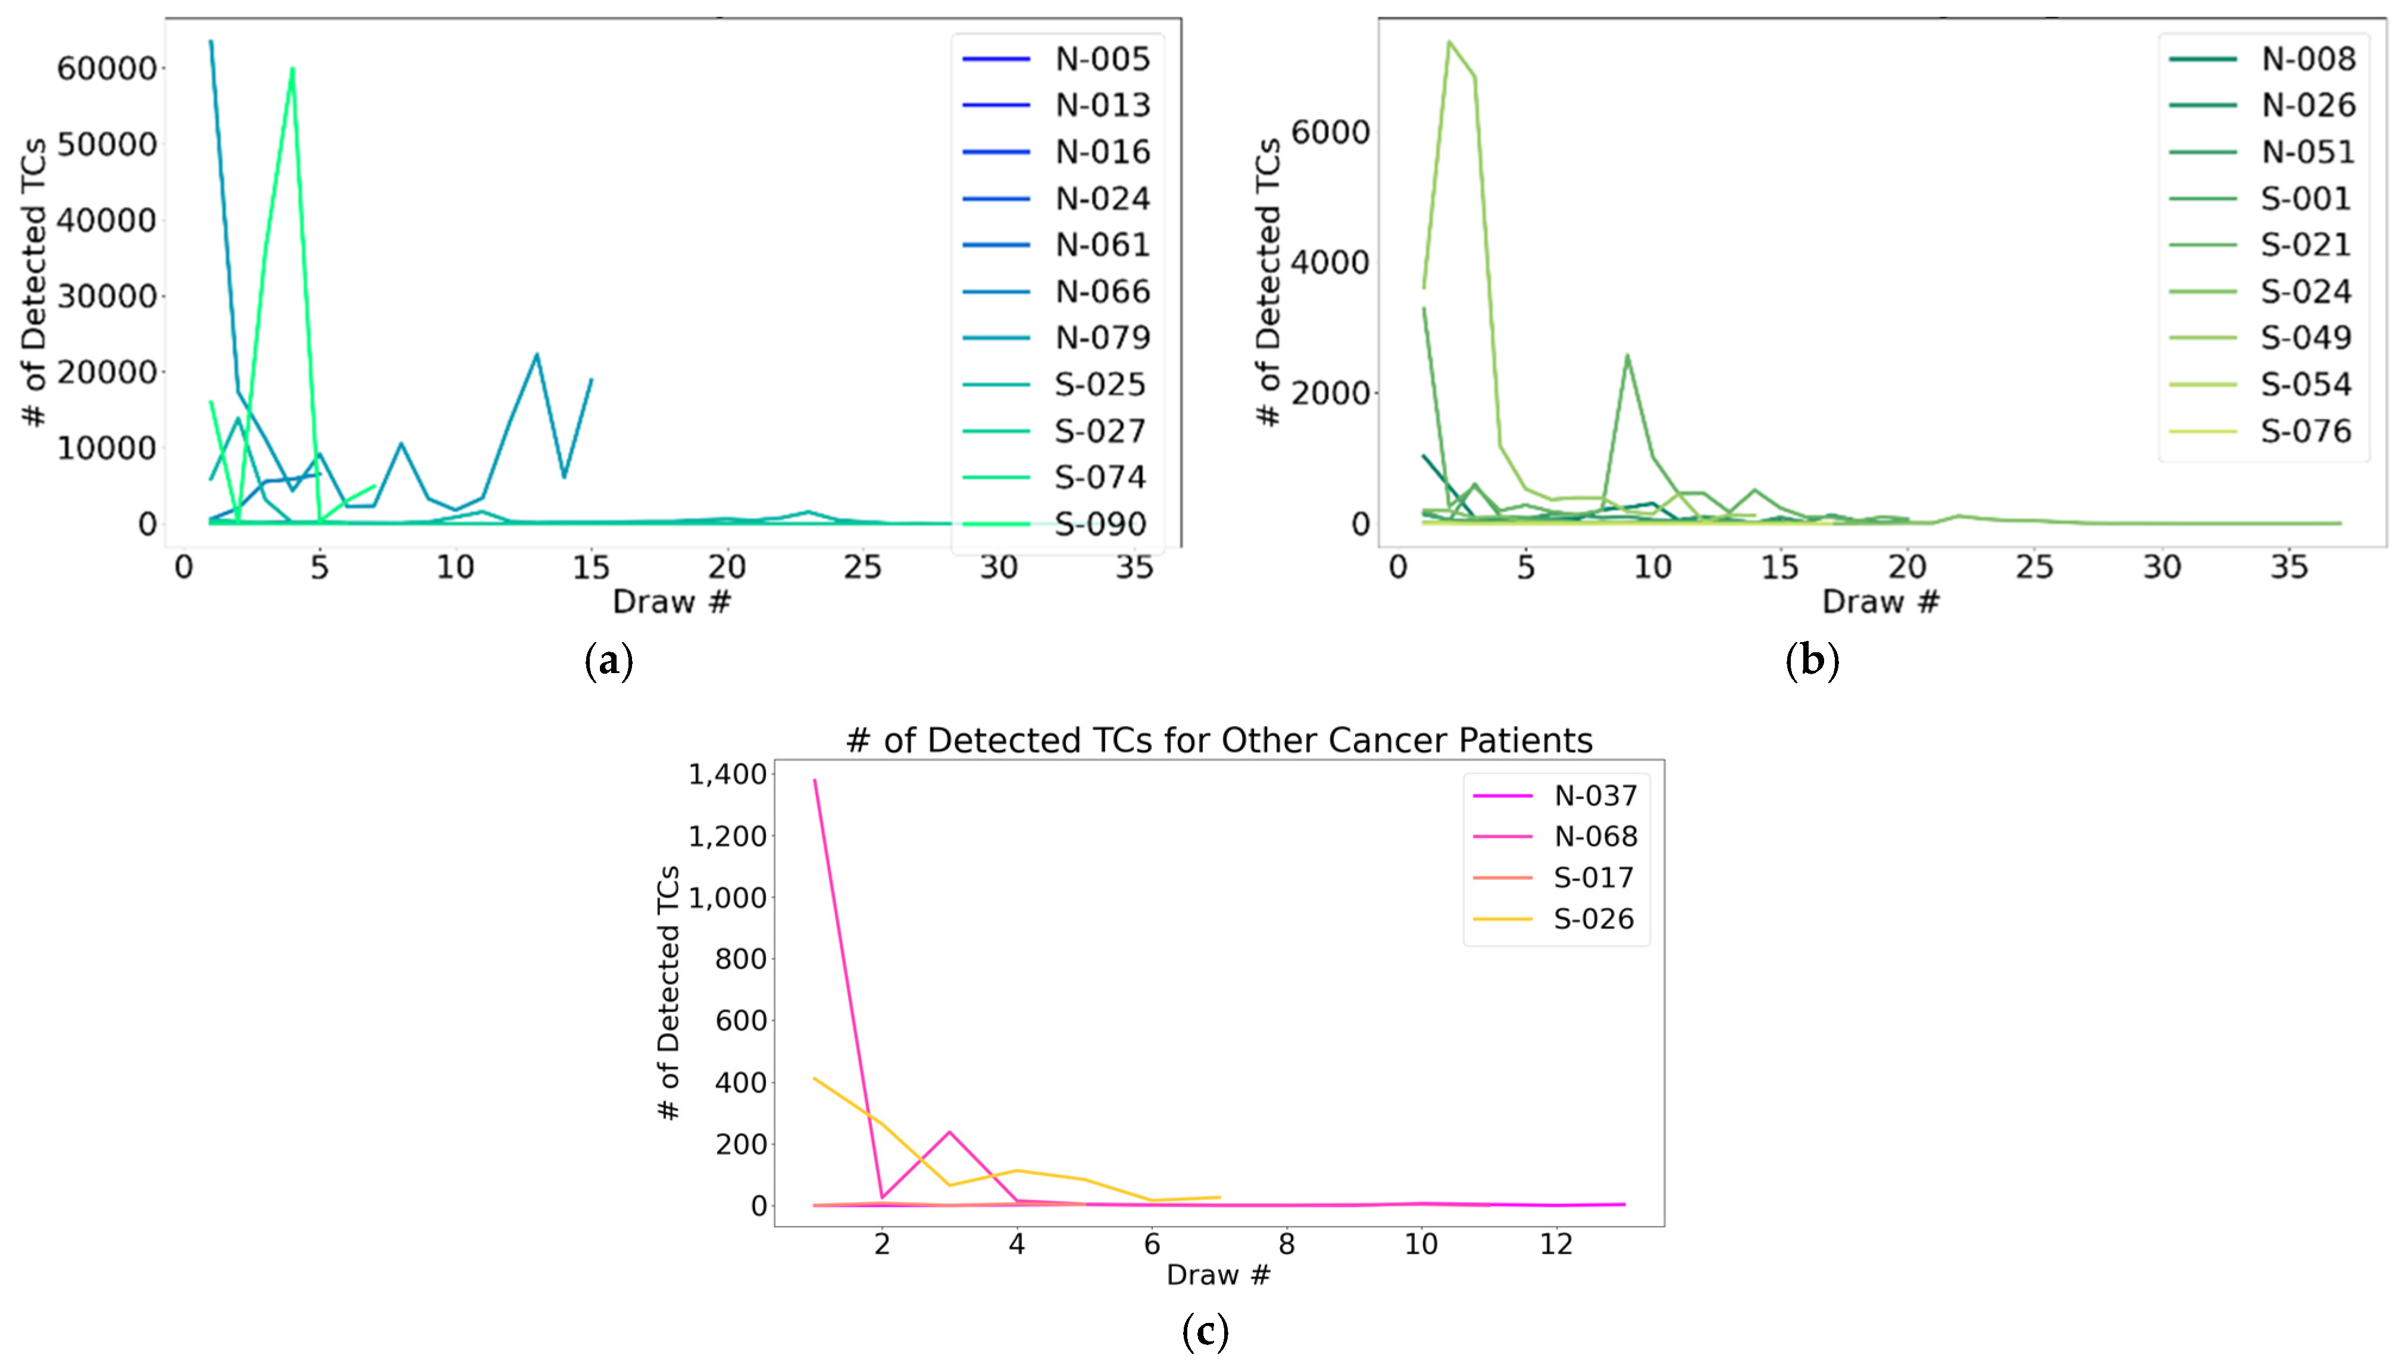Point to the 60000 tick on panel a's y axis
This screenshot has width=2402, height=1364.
point(106,68)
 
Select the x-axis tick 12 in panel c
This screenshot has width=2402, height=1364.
point(1556,1244)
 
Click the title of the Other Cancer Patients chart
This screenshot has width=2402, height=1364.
point(1218,740)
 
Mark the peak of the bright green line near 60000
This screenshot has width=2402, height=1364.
point(292,68)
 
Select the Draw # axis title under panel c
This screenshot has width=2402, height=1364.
point(1218,1274)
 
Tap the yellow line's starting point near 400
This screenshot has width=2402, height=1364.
point(815,1078)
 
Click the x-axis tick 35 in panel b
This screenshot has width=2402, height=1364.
point(2289,567)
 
